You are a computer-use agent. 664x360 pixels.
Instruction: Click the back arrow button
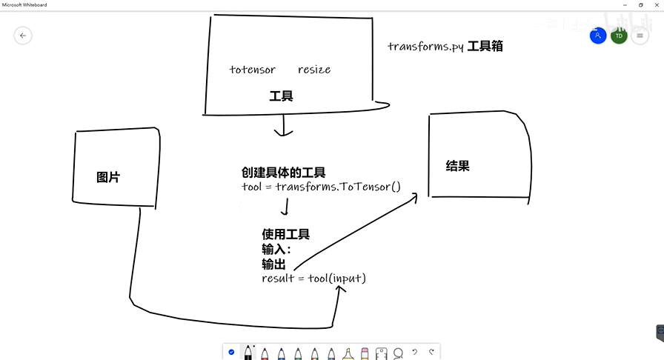[23, 35]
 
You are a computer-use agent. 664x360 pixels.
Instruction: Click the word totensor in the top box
[253, 70]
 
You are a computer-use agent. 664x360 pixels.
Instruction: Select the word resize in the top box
[314, 70]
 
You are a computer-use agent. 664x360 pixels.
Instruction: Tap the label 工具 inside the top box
[281, 96]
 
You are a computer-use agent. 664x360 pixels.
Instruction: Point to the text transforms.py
[426, 46]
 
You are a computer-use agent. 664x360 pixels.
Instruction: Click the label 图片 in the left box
[108, 177]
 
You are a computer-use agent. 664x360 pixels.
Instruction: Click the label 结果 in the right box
[458, 166]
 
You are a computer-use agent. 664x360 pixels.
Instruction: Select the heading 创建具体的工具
[283, 173]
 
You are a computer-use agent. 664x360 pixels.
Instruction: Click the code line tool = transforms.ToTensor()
[321, 186]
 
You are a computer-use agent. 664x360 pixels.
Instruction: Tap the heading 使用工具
[285, 234]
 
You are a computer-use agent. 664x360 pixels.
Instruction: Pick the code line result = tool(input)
[314, 278]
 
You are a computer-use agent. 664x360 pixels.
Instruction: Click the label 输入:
[276, 250]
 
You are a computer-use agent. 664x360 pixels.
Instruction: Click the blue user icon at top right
[598, 35]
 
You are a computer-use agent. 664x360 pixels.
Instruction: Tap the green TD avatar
[619, 35]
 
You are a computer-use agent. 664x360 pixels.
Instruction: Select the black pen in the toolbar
[248, 353]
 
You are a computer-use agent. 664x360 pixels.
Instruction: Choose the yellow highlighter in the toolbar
[348, 353]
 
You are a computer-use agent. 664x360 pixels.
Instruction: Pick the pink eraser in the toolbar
[365, 353]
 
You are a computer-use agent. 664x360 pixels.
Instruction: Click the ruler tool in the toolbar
[382, 353]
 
